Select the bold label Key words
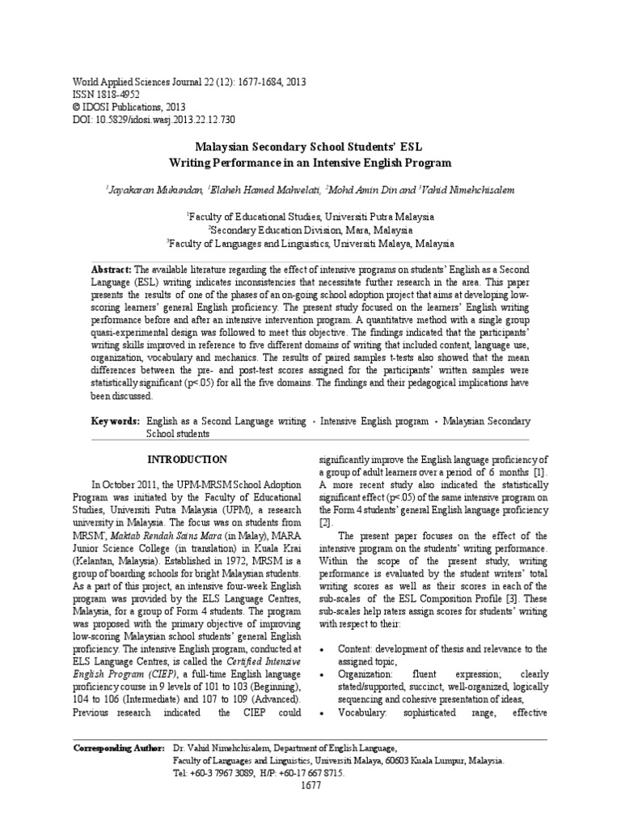tap(115, 422)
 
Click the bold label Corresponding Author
tap(119, 749)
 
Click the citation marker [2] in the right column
tap(326, 523)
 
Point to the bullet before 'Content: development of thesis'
tap(323, 650)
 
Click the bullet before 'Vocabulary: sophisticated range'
tap(323, 713)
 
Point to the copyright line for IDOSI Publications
tap(129, 107)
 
